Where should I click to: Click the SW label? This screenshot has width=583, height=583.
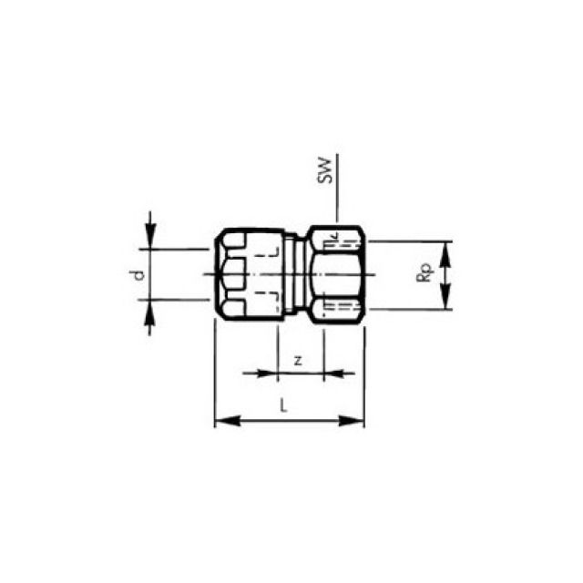coord(325,170)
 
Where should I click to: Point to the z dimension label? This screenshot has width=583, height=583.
coord(298,360)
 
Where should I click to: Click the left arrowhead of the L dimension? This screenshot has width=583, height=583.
coord(221,421)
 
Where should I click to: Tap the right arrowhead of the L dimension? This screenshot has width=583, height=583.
coord(357,421)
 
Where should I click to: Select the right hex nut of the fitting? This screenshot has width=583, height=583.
coord(337,273)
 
